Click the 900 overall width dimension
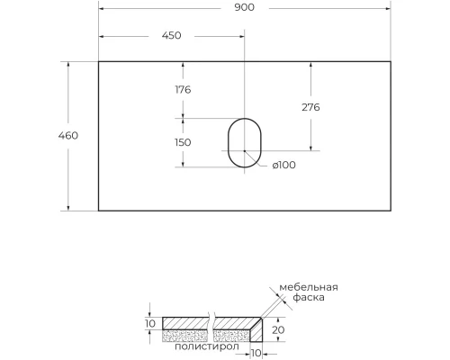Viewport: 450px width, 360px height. tap(244, 8)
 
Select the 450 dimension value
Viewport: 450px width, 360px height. tap(171, 36)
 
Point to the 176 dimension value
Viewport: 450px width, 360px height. tap(183, 89)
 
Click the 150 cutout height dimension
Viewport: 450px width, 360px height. tap(183, 143)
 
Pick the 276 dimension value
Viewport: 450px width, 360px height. tap(310, 107)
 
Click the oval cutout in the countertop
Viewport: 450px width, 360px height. tap(243, 143)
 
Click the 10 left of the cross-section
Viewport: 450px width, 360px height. tap(149, 323)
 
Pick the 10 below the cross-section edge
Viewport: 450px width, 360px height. tap(245, 352)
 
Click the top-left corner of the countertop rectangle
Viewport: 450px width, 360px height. tap(98, 61)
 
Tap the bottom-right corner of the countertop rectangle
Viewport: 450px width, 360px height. tap(390, 211)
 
